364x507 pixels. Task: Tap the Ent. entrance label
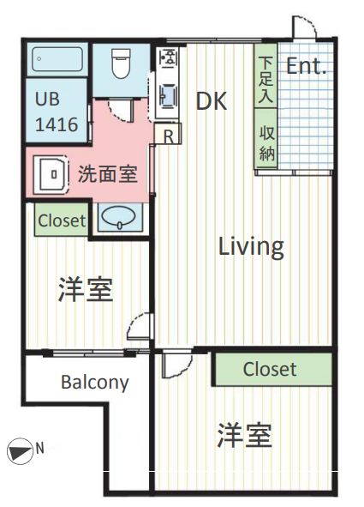(306, 67)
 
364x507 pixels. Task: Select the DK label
(211, 101)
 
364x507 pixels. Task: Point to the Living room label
(250, 247)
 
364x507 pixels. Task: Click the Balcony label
(94, 382)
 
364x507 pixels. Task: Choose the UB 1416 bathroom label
(57, 111)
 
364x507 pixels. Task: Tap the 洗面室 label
(107, 174)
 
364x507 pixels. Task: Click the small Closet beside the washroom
(62, 220)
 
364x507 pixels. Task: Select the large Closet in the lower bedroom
(270, 370)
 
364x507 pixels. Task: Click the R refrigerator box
(169, 136)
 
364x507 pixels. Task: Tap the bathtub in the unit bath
(57, 60)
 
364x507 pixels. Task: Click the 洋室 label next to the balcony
(85, 291)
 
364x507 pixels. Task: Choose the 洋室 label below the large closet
(244, 436)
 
